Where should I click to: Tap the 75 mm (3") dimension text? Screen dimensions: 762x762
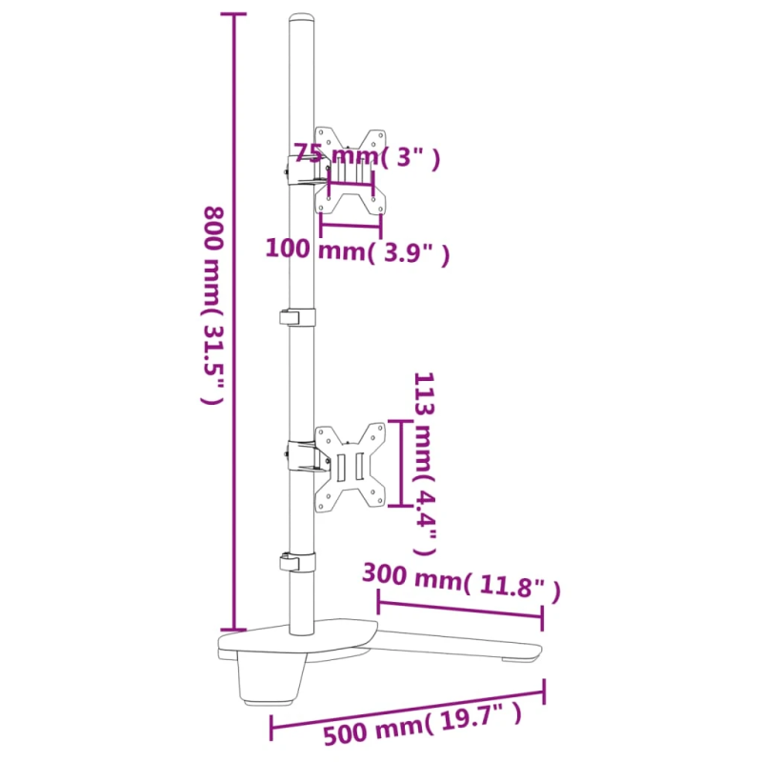[x=367, y=155]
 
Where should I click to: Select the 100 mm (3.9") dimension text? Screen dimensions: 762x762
[x=356, y=251]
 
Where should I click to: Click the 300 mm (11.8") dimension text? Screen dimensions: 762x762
[x=461, y=581]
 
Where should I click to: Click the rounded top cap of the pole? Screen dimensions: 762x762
[x=301, y=21]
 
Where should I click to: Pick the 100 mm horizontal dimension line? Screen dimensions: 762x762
[x=351, y=225]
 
